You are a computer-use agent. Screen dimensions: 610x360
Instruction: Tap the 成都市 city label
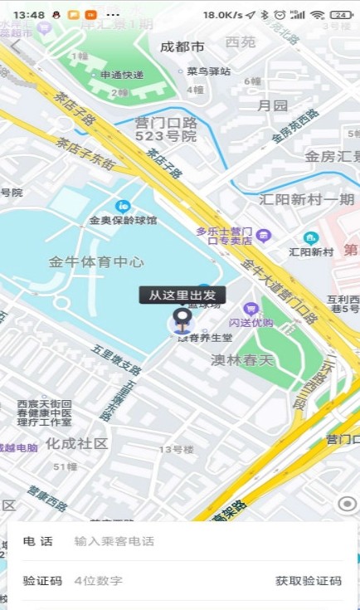[182, 46]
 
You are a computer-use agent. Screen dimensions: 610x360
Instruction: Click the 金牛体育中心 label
[96, 262]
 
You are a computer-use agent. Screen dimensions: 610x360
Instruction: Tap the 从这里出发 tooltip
[182, 295]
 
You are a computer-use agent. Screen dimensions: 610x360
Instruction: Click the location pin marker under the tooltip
[182, 319]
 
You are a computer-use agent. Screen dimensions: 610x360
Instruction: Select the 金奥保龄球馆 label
[124, 221]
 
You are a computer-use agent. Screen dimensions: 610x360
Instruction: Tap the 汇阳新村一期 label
[307, 199]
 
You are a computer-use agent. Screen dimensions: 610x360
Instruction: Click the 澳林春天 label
[241, 359]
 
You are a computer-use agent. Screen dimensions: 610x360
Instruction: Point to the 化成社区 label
[76, 443]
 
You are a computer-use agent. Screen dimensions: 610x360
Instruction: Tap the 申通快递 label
[122, 76]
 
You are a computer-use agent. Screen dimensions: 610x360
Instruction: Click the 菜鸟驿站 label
[208, 71]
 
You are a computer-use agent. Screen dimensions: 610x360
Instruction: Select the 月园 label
[272, 105]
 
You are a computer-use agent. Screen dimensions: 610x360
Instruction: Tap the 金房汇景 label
[332, 156]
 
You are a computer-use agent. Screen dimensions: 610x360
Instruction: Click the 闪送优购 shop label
[251, 322]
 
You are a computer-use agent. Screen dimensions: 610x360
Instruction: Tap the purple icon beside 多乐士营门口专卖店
[263, 235]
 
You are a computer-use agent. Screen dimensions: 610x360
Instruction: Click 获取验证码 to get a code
[308, 581]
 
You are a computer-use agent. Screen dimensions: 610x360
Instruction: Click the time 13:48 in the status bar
[29, 15]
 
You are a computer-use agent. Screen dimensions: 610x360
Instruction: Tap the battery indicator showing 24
[341, 15]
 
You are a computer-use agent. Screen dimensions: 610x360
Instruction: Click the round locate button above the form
[348, 504]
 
